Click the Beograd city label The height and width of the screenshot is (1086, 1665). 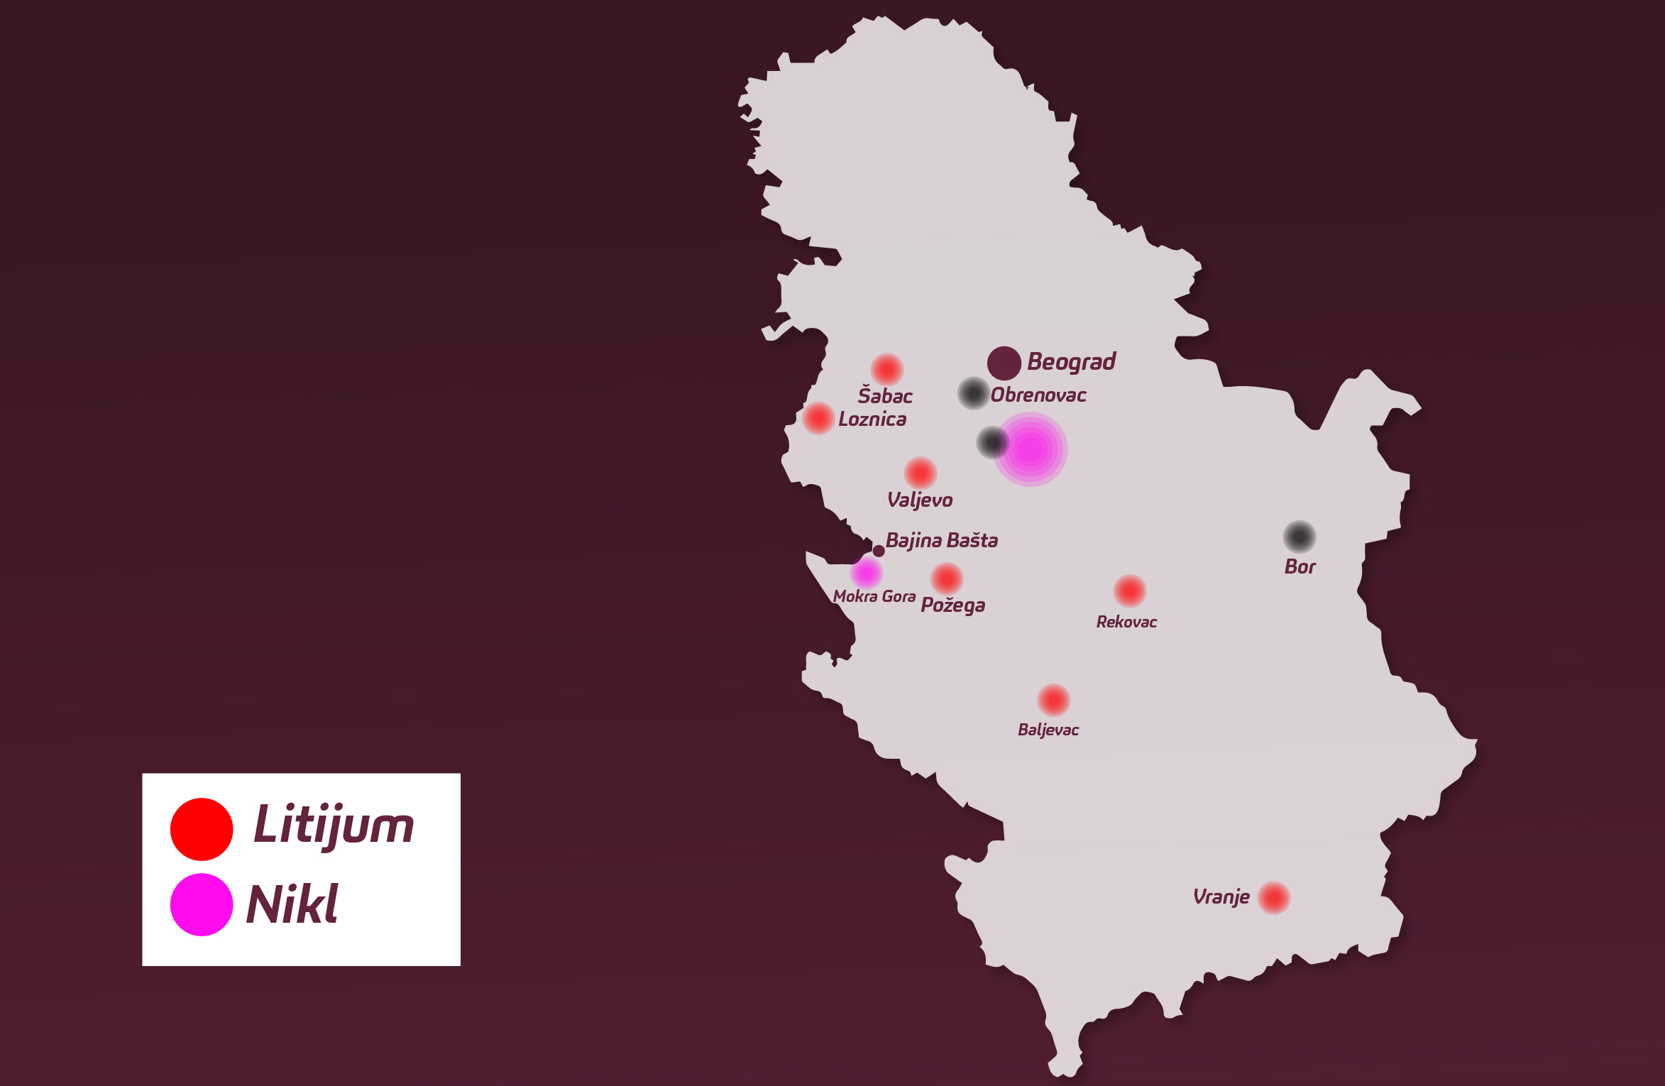1071,362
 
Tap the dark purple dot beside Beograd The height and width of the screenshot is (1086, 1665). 1004,363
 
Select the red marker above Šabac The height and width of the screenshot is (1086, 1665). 886,369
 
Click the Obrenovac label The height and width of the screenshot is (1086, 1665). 1038,395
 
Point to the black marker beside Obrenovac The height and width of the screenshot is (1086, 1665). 974,393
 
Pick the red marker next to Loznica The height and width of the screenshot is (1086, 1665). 818,418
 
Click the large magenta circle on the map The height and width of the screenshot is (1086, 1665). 1031,449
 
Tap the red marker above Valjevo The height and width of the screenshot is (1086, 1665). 921,473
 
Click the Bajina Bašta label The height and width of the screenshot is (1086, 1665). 942,541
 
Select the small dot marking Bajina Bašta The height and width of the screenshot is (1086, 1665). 879,551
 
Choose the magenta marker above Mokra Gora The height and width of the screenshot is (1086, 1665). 867,572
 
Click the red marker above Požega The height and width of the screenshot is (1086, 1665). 947,579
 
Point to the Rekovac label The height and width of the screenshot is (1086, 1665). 1126,622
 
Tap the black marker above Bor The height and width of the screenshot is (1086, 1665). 1299,537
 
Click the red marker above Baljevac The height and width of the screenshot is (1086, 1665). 1054,701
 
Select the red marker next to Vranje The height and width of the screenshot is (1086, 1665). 1274,898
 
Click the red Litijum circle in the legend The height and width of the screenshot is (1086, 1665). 202,829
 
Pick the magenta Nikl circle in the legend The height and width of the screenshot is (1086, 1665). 202,904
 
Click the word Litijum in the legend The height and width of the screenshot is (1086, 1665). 334,826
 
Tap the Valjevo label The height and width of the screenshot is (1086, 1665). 920,500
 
